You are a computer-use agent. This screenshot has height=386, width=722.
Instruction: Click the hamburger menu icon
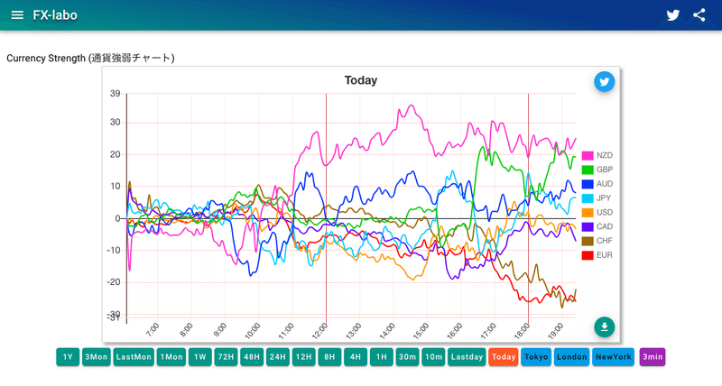tap(17, 15)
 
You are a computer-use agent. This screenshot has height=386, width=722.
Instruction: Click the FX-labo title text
tap(55, 15)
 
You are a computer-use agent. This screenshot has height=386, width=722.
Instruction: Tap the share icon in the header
tap(699, 15)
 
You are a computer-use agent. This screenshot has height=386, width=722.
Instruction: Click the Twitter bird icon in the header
tap(672, 15)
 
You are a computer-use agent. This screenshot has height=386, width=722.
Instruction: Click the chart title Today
tap(360, 80)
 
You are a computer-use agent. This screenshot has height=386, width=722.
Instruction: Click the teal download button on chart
tap(604, 326)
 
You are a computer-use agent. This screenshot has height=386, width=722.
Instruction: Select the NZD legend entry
tap(597, 155)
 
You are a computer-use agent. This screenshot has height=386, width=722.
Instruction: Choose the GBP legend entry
tap(597, 170)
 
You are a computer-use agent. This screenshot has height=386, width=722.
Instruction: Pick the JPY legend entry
tap(597, 198)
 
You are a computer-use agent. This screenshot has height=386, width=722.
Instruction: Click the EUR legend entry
tap(597, 255)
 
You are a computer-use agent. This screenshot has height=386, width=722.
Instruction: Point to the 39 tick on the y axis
tap(115, 94)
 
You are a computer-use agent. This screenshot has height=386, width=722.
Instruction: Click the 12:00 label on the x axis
tap(320, 329)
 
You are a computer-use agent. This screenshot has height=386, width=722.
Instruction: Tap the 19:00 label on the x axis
tap(556, 329)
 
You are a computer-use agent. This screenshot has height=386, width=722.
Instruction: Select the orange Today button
tap(504, 357)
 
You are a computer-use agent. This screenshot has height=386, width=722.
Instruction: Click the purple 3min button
tap(653, 357)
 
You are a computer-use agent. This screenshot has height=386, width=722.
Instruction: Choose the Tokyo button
tap(536, 357)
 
